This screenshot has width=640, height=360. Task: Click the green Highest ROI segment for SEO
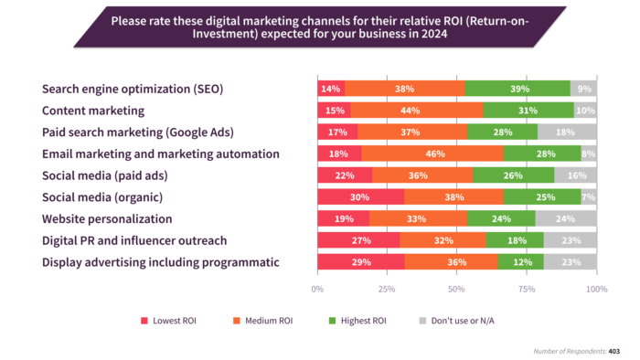tap(517, 89)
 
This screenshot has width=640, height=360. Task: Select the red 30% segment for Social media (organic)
tap(360, 197)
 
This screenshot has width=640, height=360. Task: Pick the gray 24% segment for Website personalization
tap(566, 219)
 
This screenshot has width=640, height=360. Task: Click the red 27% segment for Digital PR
tap(358, 241)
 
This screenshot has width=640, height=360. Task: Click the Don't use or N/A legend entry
tap(462, 321)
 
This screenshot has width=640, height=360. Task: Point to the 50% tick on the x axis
tap(457, 289)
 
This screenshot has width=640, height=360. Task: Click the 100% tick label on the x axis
tap(596, 289)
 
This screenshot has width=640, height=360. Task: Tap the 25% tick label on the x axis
tap(388, 289)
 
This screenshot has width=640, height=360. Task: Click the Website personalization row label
tap(106, 219)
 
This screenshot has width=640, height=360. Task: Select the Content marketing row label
tap(93, 111)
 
